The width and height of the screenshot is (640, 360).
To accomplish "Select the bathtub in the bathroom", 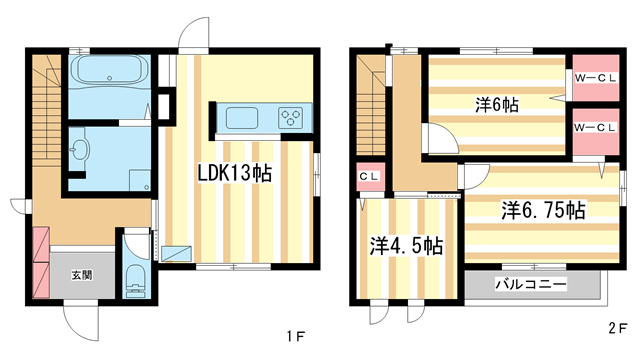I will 110,72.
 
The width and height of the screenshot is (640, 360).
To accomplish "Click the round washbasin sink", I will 81,150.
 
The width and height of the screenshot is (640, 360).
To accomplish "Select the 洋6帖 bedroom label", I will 497,103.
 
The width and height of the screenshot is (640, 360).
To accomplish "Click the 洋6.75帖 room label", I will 542,211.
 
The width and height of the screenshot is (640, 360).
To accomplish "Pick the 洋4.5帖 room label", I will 406,244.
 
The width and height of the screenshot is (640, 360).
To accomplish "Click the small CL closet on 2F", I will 367,177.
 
